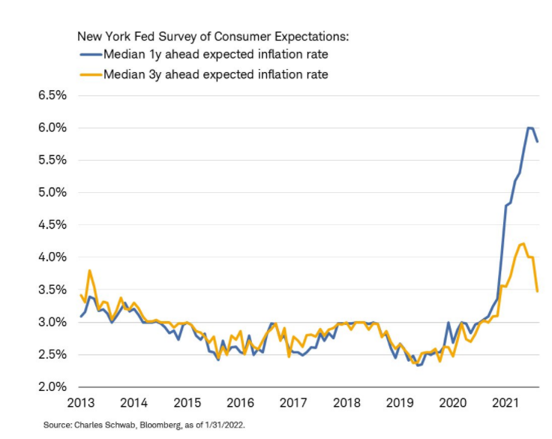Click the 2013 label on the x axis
click(x=80, y=402)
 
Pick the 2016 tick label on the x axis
click(x=240, y=402)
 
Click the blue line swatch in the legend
click(x=90, y=55)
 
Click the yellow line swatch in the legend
click(x=90, y=74)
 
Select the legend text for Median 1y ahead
click(x=216, y=55)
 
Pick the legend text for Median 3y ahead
click(x=216, y=74)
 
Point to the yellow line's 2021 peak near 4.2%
click(x=523, y=243)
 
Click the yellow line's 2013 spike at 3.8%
click(x=90, y=270)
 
